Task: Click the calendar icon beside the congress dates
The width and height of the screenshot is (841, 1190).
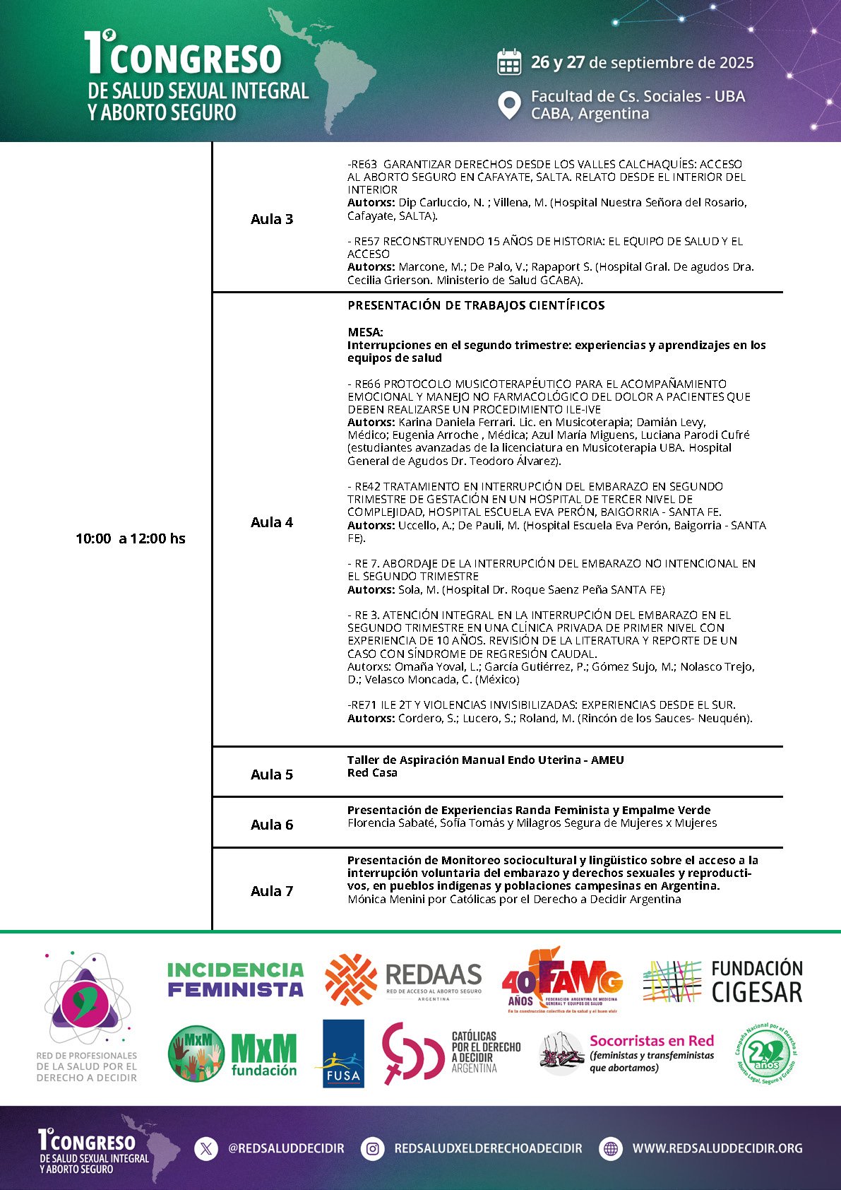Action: coord(509,62)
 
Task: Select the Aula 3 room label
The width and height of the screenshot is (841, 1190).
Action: coord(272,219)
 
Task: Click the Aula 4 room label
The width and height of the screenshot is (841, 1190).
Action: coord(272,522)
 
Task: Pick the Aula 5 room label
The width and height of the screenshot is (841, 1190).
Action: coord(272,774)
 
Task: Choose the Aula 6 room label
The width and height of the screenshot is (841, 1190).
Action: coord(272,825)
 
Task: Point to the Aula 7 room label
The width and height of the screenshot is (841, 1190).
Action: coord(272,891)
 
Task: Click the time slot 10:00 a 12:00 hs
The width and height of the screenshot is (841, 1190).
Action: coord(131,538)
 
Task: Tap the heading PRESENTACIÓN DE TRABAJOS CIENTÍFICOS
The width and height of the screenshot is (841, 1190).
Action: coord(476,305)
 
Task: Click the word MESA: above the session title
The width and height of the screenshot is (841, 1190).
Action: coord(365,332)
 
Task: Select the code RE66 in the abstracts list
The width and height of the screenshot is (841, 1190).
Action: coord(367,384)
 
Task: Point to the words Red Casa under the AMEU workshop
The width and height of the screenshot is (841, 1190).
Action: coord(372,773)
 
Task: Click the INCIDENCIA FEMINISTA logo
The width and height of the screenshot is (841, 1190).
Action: coord(235,979)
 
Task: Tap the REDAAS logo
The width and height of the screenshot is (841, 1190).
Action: coord(403,979)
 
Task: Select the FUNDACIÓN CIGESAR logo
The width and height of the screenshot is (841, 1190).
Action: coord(722,981)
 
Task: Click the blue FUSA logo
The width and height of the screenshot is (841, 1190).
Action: coord(343,1053)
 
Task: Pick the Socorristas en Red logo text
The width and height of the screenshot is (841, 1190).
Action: coord(651,1041)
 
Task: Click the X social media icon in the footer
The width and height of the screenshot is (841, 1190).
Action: coord(206,1149)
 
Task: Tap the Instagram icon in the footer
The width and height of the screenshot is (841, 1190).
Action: coord(372,1149)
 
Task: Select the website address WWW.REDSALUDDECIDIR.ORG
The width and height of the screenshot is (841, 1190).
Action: coord(717,1149)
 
